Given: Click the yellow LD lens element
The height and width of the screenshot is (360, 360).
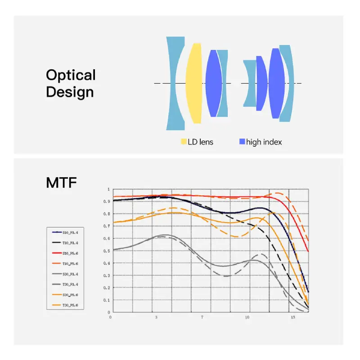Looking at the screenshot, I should (x=193, y=83).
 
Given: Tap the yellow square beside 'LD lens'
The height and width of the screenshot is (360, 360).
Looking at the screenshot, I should (x=184, y=142).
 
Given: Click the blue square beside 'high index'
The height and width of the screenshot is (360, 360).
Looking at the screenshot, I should (x=242, y=142).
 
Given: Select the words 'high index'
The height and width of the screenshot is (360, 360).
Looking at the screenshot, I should (x=264, y=142).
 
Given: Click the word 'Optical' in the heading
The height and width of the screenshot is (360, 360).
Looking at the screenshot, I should (x=71, y=75).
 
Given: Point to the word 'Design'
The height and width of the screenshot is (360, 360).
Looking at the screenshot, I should (x=70, y=92).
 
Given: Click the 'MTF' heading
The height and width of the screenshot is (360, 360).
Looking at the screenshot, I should (x=61, y=183).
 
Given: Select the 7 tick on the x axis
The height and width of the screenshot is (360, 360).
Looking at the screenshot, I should (x=202, y=317).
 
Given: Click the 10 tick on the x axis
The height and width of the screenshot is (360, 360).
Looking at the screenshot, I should (x=247, y=317).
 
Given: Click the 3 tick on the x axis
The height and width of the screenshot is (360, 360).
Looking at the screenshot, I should (x=156, y=317).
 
